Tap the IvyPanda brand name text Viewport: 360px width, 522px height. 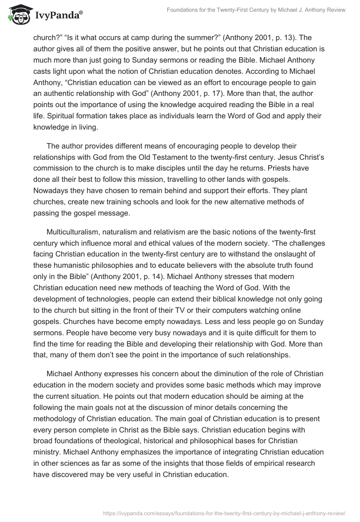coord(57,14)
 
